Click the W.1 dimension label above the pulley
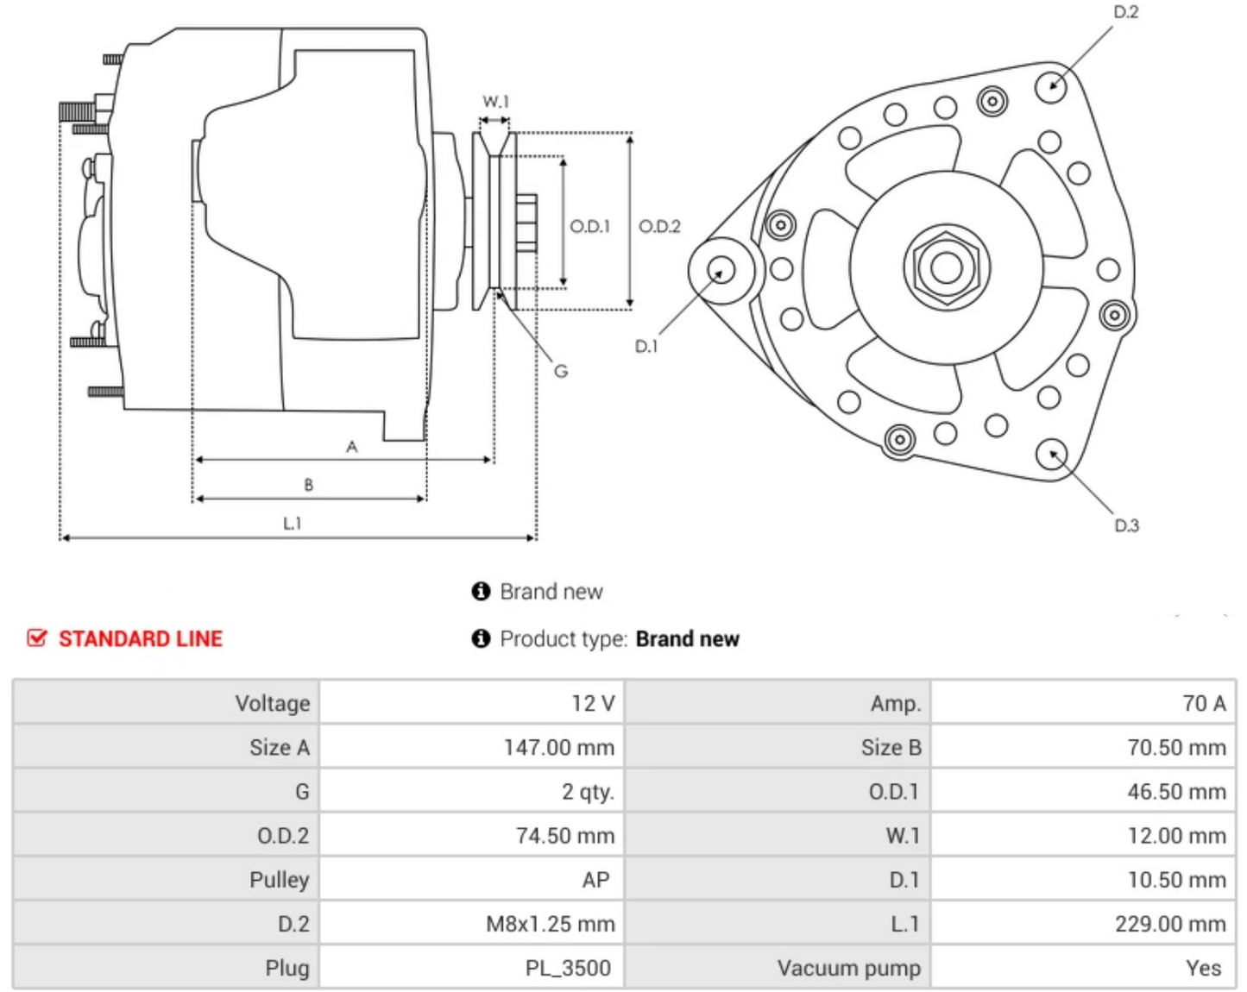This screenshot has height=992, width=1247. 495,102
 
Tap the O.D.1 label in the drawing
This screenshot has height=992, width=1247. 589,226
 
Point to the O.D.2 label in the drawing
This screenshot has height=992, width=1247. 659,226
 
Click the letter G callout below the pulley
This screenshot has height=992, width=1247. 561,371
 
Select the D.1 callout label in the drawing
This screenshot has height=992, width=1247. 646,346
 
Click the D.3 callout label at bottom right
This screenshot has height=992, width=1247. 1126,525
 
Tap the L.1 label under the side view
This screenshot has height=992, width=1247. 293,523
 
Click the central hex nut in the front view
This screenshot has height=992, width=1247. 947,267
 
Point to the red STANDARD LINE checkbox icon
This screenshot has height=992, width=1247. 37,638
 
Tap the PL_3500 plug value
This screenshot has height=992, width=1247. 568,968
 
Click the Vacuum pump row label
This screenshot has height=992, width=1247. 848,968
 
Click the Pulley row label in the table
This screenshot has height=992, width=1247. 279,880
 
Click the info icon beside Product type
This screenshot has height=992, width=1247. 481,638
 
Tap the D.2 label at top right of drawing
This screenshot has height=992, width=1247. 1126,12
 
